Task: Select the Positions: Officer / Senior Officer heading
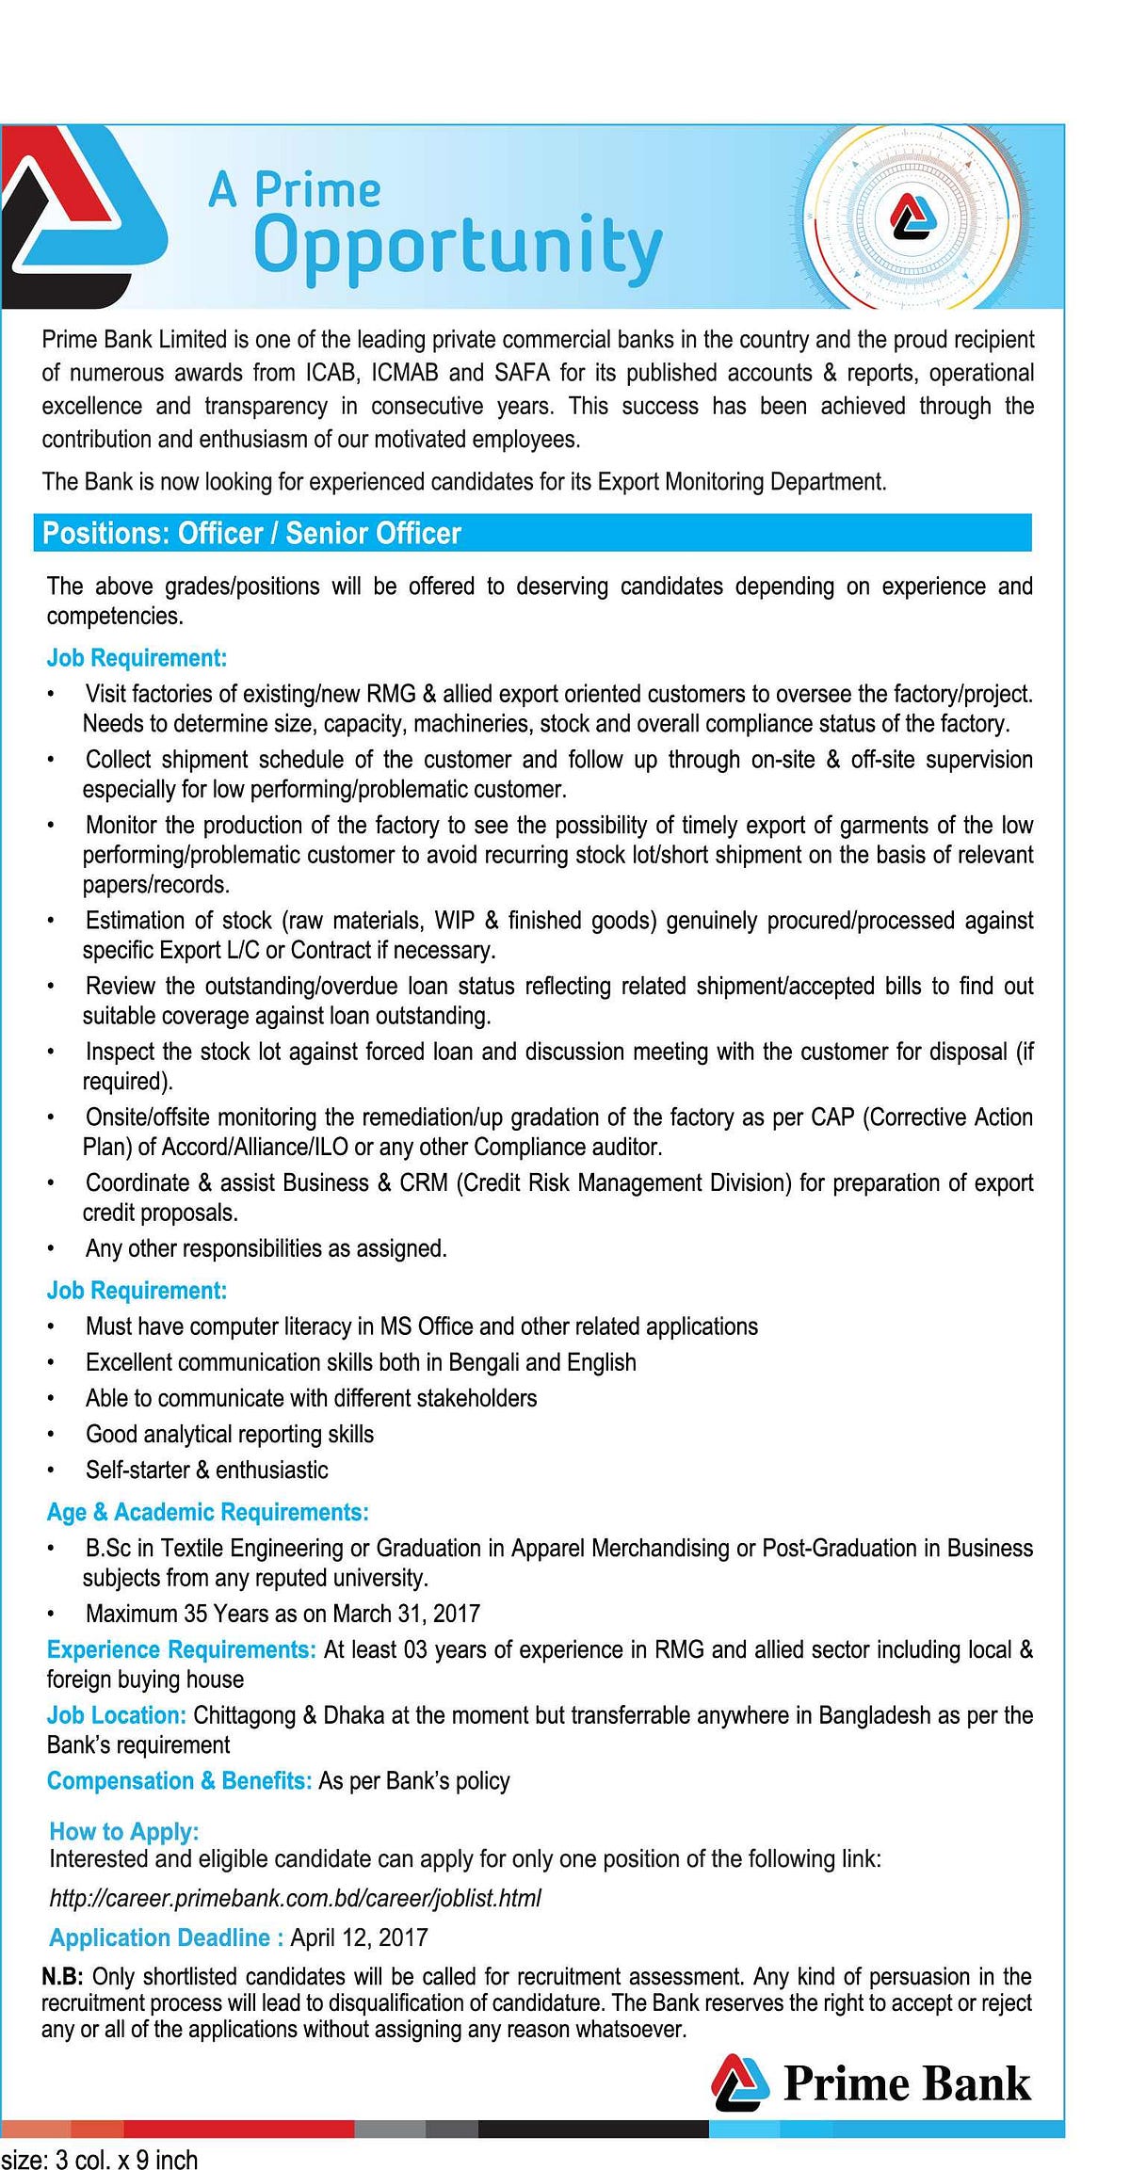(x=252, y=534)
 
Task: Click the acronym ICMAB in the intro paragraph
(x=404, y=373)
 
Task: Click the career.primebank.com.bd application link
(x=295, y=1898)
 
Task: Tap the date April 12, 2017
(x=359, y=1937)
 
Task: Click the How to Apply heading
(x=123, y=1831)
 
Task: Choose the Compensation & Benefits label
(x=179, y=1780)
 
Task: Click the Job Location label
(x=116, y=1714)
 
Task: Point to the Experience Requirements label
(x=181, y=1649)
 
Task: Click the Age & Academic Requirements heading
(x=207, y=1512)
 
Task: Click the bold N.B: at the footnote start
(x=62, y=1976)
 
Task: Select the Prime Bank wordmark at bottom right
(x=907, y=2083)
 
